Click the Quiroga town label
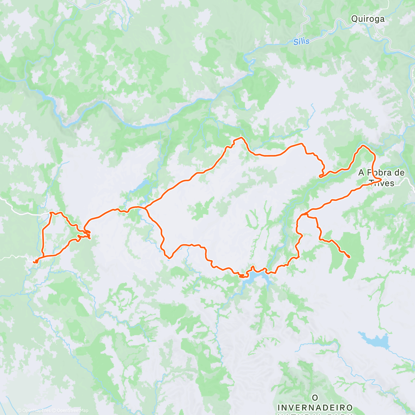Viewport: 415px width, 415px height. pyautogui.click(x=368, y=19)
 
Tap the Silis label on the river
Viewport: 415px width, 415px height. pyautogui.click(x=301, y=41)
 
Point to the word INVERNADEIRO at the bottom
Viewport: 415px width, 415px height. pyautogui.click(x=315, y=407)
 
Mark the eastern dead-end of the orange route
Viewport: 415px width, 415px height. pyautogui.click(x=349, y=257)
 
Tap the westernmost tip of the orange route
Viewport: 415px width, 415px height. pyautogui.click(x=34, y=262)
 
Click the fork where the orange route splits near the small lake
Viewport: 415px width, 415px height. pyautogui.click(x=146, y=208)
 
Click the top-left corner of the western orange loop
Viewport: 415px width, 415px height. pyautogui.click(x=51, y=213)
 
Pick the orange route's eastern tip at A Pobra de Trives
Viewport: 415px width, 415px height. pyautogui.click(x=381, y=179)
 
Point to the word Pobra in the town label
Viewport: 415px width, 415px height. pyautogui.click(x=384, y=172)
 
